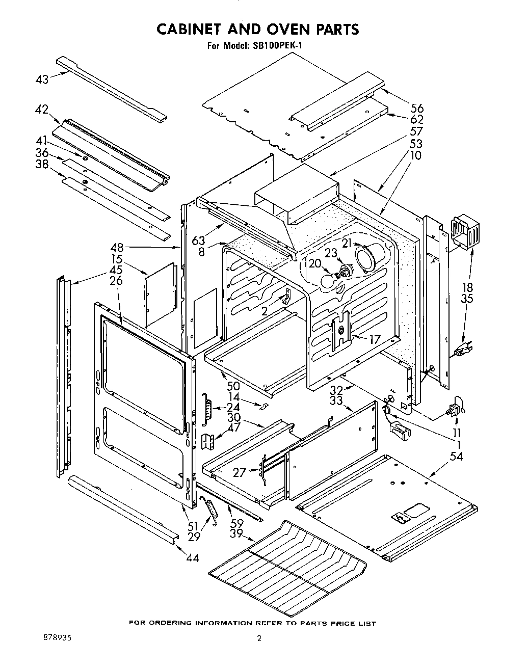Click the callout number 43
click(42, 79)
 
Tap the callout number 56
click(416, 108)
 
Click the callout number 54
click(456, 457)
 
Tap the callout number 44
click(192, 558)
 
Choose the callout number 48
click(117, 248)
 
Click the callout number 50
click(233, 387)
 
